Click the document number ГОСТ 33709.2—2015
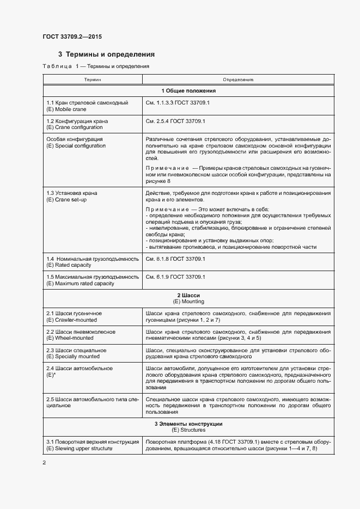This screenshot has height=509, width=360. click(72, 36)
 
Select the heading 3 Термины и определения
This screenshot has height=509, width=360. click(106, 54)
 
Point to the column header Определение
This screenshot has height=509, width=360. click(238, 79)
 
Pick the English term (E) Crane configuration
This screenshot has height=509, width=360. click(75, 127)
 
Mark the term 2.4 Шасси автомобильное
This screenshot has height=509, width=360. click(80, 369)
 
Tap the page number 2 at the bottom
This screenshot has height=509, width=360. click(44, 463)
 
